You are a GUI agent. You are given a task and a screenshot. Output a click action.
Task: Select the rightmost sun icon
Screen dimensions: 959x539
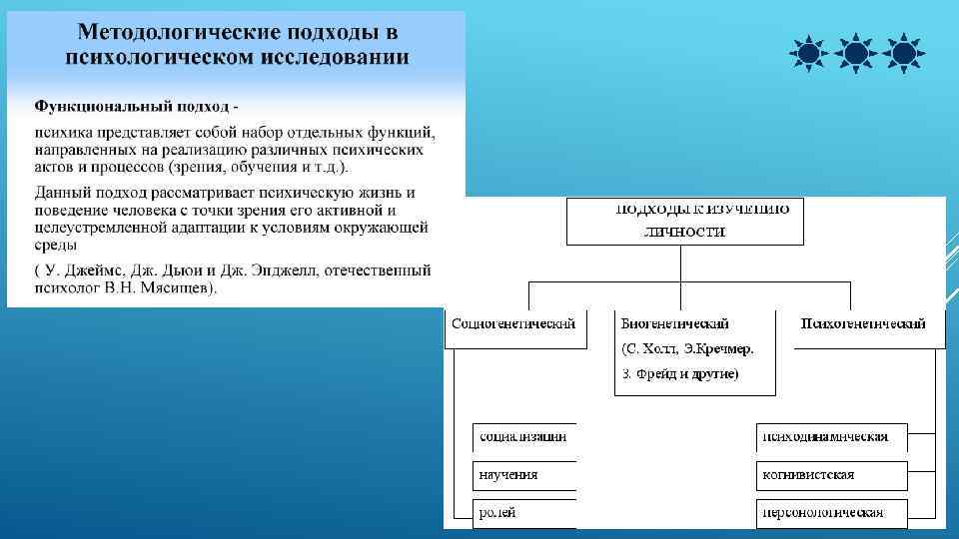pyautogui.click(x=903, y=53)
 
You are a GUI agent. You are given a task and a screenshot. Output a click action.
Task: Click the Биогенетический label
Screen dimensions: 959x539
pyautogui.click(x=674, y=323)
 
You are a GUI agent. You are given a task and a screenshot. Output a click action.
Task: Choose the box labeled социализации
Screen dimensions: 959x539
pyautogui.click(x=524, y=436)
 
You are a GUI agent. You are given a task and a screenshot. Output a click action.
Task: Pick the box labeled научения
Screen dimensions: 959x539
pyautogui.click(x=524, y=474)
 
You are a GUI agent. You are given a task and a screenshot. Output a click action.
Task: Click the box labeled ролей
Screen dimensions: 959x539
pyautogui.click(x=524, y=512)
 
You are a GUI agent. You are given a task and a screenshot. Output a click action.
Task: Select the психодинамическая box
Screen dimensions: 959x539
pyautogui.click(x=831, y=436)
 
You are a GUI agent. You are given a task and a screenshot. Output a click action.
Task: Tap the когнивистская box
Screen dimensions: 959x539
pyautogui.click(x=831, y=474)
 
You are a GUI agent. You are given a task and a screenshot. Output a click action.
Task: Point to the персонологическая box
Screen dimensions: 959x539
pyautogui.click(x=831, y=512)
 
